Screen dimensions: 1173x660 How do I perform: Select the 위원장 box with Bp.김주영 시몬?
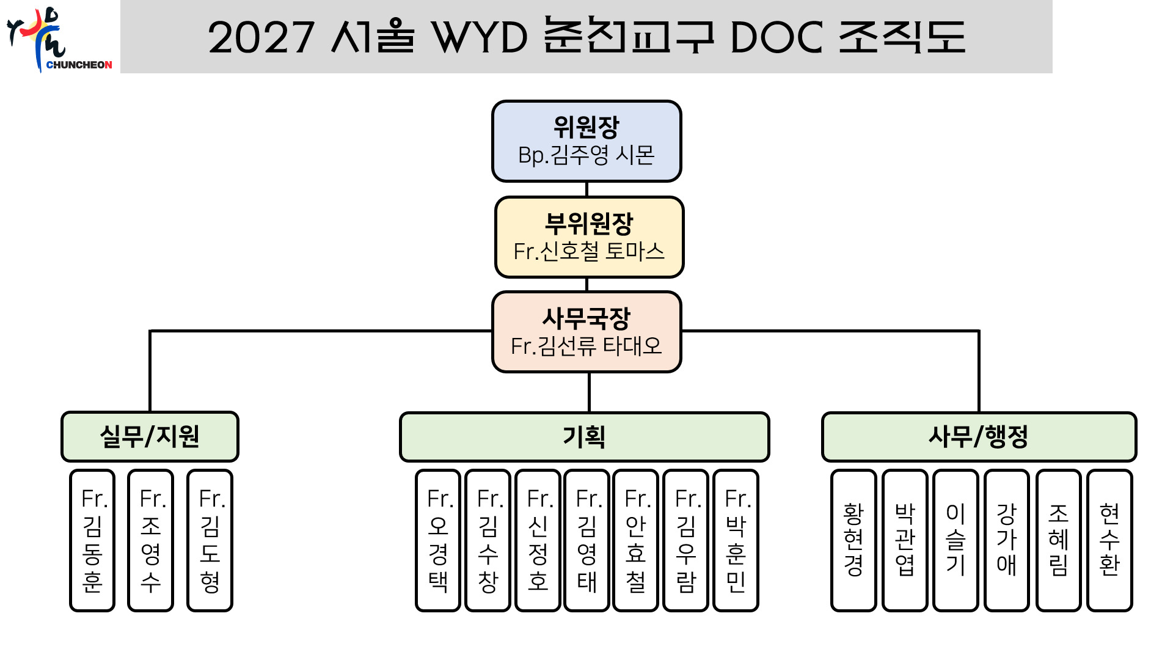pyautogui.click(x=586, y=141)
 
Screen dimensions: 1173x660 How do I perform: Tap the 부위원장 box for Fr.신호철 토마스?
pyautogui.click(x=589, y=237)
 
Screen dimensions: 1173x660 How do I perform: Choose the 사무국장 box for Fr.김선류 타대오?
pyautogui.click(x=586, y=332)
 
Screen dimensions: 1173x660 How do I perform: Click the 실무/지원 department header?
pyautogui.click(x=150, y=436)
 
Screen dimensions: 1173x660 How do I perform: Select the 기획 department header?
pyautogui.click(x=585, y=437)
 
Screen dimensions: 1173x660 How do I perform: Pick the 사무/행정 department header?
pyautogui.click(x=979, y=437)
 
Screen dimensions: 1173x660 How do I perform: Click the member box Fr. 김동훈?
pyautogui.click(x=92, y=541)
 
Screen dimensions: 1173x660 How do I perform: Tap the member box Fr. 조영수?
pyautogui.click(x=151, y=541)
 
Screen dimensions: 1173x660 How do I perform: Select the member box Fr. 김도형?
pyautogui.click(x=210, y=541)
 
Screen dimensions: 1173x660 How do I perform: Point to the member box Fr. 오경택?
pyautogui.click(x=438, y=541)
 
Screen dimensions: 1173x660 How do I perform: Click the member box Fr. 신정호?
pyautogui.click(x=538, y=541)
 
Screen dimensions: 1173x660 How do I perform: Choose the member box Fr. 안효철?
pyautogui.click(x=636, y=541)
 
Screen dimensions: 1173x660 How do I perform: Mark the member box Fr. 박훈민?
pyautogui.click(x=736, y=541)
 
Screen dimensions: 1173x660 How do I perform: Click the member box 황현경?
pyautogui.click(x=853, y=541)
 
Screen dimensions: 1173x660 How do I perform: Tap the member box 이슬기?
pyautogui.click(x=956, y=541)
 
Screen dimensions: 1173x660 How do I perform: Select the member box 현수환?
pyautogui.click(x=1110, y=541)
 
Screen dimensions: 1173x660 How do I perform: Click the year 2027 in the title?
pyautogui.click(x=261, y=37)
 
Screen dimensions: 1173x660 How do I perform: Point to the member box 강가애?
pyautogui.click(x=1007, y=541)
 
